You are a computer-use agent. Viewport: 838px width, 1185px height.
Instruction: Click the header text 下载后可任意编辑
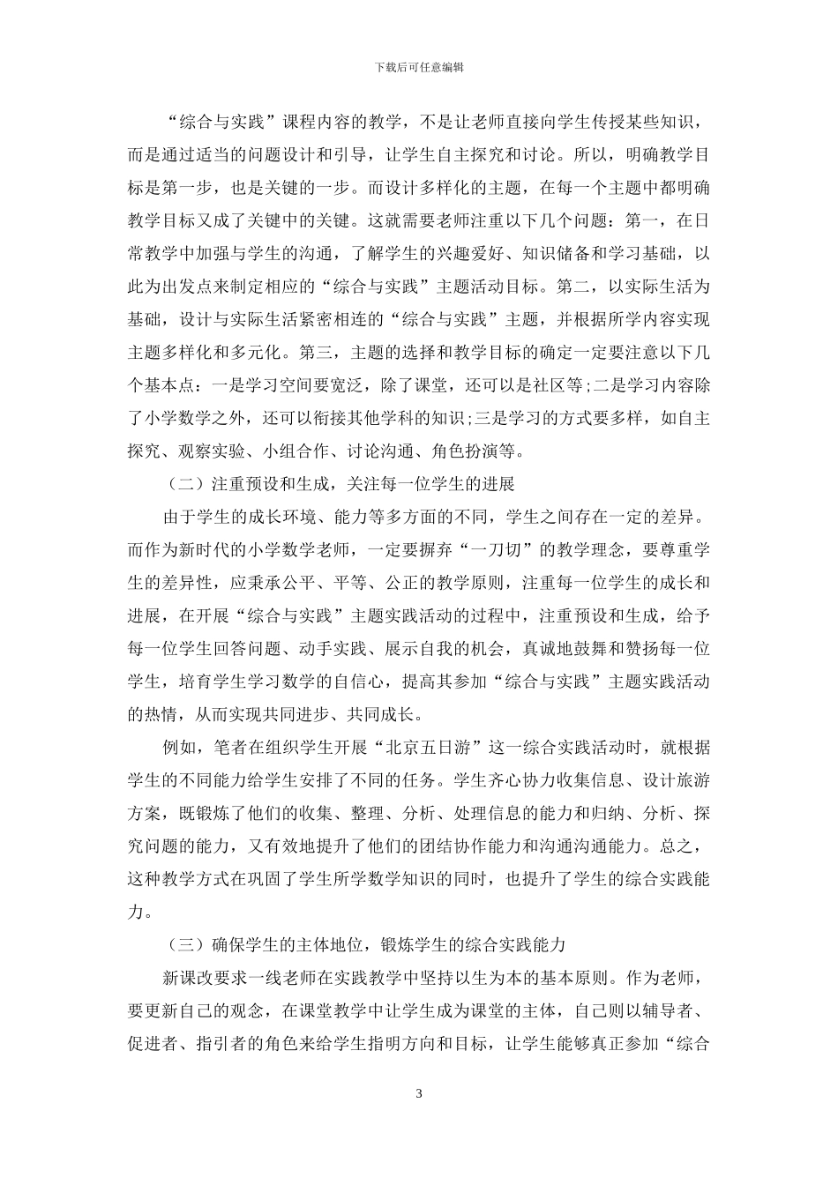[419, 66]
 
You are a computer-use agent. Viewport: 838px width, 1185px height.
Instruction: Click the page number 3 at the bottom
[419, 1094]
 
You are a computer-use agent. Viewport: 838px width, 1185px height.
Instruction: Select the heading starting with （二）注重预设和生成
[340, 484]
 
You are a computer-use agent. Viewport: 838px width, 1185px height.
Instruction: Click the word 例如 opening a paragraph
[180, 748]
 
